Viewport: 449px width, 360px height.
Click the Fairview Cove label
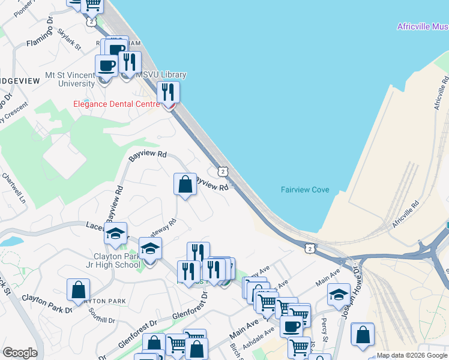coord(305,190)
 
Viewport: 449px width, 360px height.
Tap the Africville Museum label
coord(423,26)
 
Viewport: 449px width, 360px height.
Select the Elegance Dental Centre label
coord(116,103)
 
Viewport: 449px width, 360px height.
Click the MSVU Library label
coord(161,75)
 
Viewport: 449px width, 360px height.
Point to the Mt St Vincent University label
coord(70,79)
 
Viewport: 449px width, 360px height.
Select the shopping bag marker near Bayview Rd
coord(185,184)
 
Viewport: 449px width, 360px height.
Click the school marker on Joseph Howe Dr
coord(339,295)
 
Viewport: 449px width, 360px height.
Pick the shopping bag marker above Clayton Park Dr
coord(78,290)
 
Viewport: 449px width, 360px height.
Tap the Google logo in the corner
coord(20,353)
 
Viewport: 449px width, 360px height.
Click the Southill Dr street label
coord(101,316)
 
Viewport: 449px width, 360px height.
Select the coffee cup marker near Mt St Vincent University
coord(106,66)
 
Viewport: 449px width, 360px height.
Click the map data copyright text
coord(412,355)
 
